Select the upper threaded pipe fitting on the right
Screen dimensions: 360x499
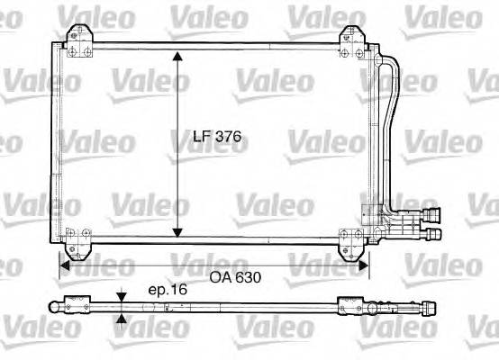(433, 216)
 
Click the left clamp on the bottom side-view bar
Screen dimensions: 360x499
(76, 306)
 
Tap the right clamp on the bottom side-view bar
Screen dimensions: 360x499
(349, 306)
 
